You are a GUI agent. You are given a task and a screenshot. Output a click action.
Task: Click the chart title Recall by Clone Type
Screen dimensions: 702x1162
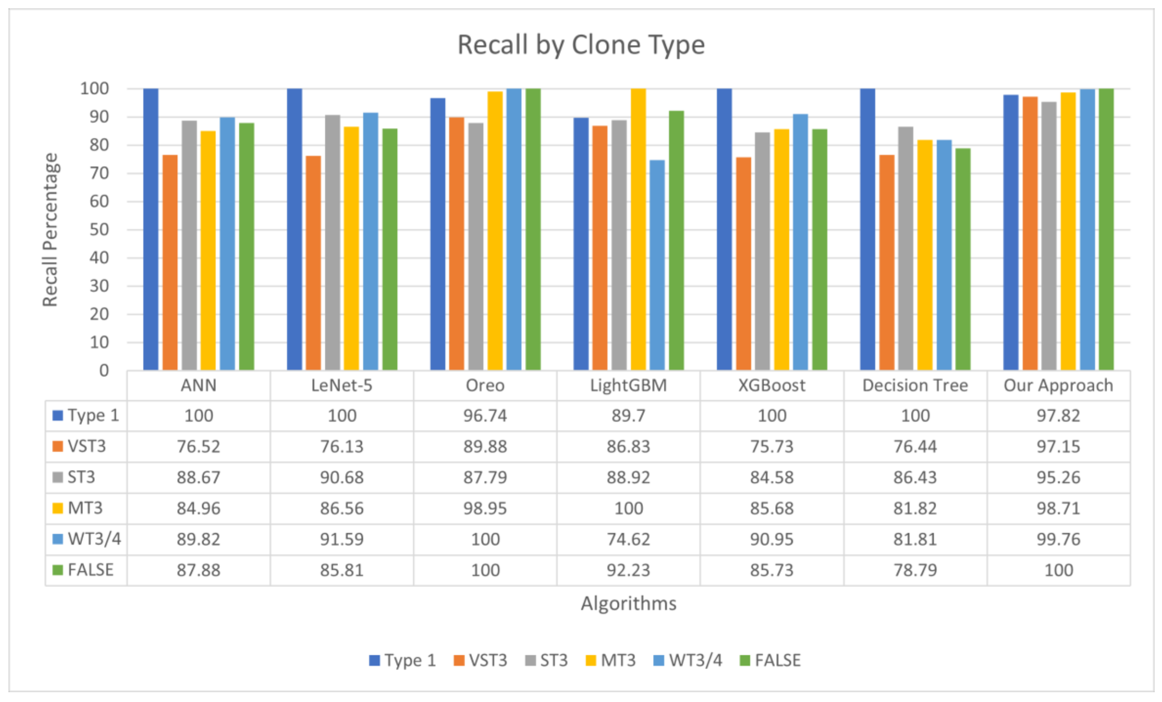coord(581,45)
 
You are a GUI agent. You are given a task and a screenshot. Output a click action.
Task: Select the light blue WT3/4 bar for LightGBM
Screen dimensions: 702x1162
coord(657,265)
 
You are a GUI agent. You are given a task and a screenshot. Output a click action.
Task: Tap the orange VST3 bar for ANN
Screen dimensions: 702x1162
coord(170,262)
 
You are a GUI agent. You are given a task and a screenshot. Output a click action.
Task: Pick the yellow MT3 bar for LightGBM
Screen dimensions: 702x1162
coord(638,229)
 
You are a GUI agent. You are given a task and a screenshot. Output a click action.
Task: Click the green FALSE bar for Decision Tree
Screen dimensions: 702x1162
coord(963,259)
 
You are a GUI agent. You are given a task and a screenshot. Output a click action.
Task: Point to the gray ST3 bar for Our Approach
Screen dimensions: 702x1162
coord(1049,236)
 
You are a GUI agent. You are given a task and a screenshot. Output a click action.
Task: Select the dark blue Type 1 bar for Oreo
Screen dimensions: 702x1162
coord(438,234)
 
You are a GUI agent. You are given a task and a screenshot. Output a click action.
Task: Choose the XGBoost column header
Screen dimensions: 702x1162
coord(772,386)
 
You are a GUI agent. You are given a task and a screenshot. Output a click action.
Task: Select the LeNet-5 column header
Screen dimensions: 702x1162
coord(341,386)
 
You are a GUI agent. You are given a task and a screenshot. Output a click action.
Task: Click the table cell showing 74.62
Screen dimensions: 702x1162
coord(628,539)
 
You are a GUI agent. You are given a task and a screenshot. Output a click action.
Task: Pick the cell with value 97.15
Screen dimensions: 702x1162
coord(1058,446)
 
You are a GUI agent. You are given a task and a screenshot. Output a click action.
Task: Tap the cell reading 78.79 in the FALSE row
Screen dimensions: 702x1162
coord(915,570)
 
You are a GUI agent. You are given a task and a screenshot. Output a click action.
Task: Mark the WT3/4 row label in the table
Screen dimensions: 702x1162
coord(93,539)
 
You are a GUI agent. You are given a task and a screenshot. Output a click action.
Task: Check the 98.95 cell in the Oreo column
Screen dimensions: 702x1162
coord(485,508)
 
